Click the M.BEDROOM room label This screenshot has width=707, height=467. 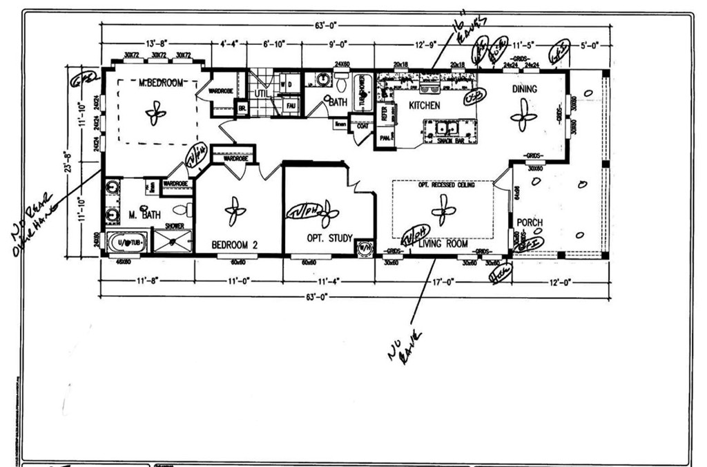click(x=161, y=83)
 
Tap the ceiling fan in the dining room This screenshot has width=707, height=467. click(x=523, y=115)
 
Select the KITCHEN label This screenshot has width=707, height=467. click(x=425, y=106)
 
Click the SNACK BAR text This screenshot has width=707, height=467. click(x=449, y=140)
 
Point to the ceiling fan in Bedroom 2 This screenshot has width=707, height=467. click(x=235, y=211)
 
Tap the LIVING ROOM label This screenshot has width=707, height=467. click(x=443, y=244)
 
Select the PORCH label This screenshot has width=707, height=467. click(x=530, y=223)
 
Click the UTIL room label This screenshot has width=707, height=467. click(x=261, y=94)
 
